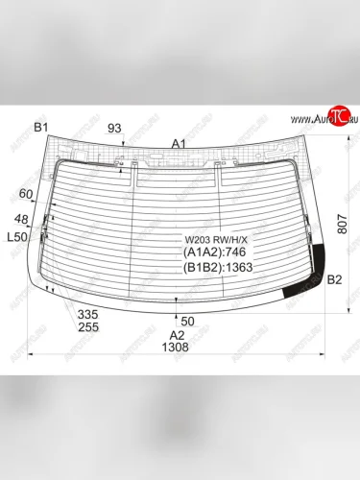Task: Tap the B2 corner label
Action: coord(334,280)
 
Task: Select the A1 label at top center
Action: coord(178,143)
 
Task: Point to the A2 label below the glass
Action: coord(177,334)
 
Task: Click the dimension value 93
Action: coord(114,128)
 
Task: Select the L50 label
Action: coord(16,236)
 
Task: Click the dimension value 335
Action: coord(88,315)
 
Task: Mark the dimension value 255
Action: coord(88,327)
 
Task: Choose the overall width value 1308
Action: coord(177,348)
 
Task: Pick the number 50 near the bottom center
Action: coord(187,320)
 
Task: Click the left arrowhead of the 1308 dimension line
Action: coord(36,356)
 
